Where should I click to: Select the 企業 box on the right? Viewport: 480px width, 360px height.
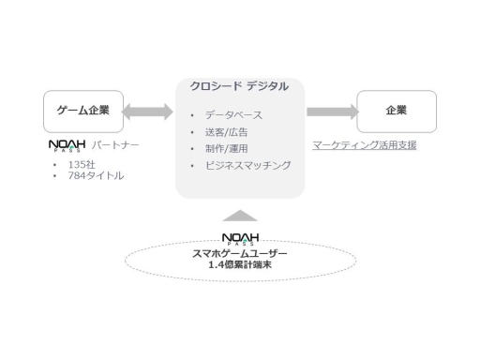[x=396, y=111]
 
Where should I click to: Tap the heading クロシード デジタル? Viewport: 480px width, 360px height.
[x=239, y=86]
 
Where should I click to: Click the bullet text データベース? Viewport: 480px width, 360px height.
[x=233, y=114]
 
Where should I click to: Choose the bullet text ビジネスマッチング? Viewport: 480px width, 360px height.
[x=247, y=165]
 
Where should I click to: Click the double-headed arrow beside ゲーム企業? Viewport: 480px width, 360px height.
[x=148, y=112]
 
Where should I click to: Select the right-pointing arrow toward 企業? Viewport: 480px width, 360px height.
[x=332, y=112]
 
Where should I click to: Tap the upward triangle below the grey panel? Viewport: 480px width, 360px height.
[x=240, y=215]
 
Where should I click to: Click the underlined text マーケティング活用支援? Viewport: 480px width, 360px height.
[x=365, y=145]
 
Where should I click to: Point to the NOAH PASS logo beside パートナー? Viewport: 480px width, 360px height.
[x=67, y=146]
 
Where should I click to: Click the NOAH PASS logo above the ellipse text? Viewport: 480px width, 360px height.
[x=240, y=239]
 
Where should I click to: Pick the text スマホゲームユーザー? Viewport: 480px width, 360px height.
[x=240, y=253]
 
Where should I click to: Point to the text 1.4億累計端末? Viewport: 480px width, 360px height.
[x=240, y=265]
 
